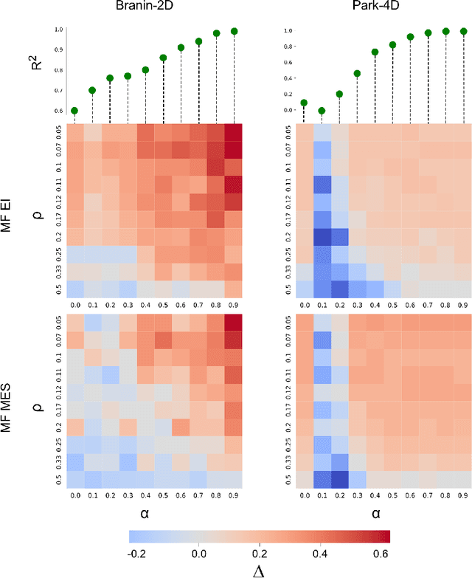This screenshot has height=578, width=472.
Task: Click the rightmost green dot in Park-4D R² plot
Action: coord(464,31)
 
